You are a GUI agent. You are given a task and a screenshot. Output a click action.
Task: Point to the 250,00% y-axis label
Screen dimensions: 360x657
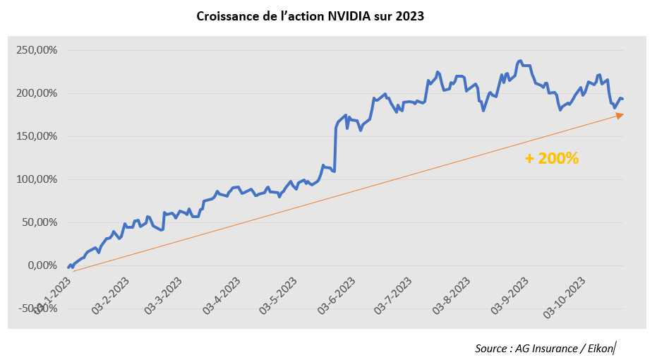coord(36,50)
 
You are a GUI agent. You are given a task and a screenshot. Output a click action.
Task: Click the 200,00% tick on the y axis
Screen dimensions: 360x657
coord(36,93)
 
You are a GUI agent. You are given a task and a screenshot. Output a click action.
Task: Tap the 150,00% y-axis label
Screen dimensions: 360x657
coord(36,136)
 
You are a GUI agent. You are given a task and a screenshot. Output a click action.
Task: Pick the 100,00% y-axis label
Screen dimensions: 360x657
coord(36,179)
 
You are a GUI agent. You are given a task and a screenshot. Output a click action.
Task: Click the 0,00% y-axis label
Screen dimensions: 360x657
coord(42,265)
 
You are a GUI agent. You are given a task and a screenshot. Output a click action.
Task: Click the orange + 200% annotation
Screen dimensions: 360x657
coord(552,159)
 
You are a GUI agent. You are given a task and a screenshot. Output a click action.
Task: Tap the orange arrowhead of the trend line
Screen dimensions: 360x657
coord(620,115)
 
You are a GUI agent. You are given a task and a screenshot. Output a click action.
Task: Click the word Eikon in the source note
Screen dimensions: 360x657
coord(599,348)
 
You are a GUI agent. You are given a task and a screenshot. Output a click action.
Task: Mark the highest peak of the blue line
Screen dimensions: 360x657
coord(520,61)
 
